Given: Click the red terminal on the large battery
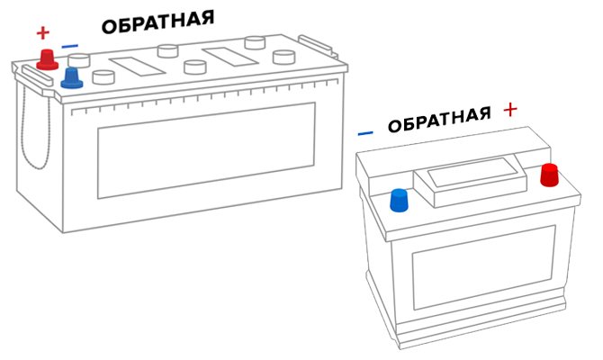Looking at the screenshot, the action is coord(48,60).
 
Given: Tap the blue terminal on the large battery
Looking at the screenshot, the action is coord(72,78).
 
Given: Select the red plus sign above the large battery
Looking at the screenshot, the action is coord(43,32).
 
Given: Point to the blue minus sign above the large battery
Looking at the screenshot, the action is coord(69,47).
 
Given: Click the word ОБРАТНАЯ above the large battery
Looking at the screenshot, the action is coord(157,22).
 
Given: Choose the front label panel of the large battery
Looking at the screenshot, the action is coord(206,150).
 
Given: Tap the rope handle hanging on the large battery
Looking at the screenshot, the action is coord(35,127).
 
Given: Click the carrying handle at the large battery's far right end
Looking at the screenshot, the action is coord(316,45).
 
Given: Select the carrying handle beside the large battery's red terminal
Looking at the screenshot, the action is coord(37,76).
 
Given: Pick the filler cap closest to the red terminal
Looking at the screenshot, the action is coord(79,61).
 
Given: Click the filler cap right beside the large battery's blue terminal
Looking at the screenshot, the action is coord(103,76).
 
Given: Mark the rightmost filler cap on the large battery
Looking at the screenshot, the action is coord(283,57).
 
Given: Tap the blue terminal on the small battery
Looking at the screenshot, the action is coord(399,200).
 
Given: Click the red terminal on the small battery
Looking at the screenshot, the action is coord(549,175).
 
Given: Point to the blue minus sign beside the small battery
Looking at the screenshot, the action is coord(365,133).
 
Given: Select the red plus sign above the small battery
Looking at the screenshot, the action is coord(510,110).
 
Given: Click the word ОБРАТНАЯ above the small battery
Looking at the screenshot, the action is coord(439,119).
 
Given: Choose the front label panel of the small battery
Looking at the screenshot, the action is coord(484,267).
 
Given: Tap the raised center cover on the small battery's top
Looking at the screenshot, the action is coord(470,182).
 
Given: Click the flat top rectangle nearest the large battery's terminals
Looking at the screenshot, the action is coord(138,67).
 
